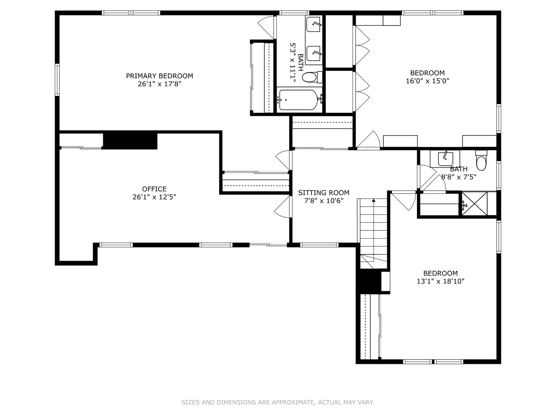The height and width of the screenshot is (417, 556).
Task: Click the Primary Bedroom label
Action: coord(159,76)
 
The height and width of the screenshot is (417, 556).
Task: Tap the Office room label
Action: coord(154,189)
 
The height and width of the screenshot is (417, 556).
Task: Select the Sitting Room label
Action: coord(324,193)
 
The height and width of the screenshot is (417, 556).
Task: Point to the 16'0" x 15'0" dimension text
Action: coord(427,81)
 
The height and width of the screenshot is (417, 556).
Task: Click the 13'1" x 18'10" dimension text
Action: coord(441,281)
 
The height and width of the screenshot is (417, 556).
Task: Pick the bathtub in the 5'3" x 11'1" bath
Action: coord(298,100)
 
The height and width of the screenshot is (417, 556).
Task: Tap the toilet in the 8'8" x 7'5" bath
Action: coord(481,161)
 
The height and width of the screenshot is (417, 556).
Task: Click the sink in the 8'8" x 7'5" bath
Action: coord(445,159)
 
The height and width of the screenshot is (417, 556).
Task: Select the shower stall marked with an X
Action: coord(475,204)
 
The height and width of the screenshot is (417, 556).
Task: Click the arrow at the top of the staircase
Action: coord(374,200)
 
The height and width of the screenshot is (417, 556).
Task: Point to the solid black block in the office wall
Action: coord(130,141)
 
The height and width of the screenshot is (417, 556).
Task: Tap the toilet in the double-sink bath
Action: coord(312,77)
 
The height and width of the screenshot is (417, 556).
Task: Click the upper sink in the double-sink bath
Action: coord(314,24)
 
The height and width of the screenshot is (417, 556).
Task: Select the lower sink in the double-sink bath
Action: coord(314,54)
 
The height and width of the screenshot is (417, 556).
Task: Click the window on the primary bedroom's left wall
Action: coord(57,80)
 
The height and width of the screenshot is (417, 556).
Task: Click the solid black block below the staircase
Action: coord(368,281)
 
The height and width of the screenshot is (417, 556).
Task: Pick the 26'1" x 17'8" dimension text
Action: coord(159,84)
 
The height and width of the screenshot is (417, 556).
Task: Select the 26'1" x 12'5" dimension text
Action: coord(154,197)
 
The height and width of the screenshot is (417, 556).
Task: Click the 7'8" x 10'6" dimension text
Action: coord(324,201)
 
